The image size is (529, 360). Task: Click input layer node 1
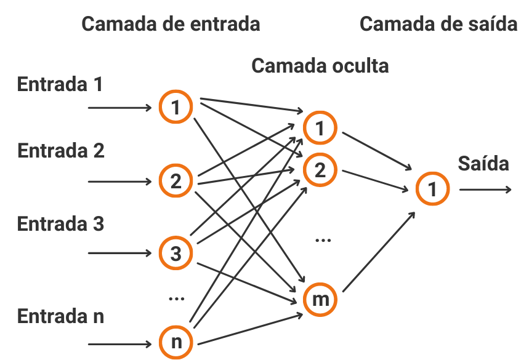click(x=176, y=108)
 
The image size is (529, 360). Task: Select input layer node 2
click(x=176, y=182)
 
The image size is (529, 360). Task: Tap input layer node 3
click(x=176, y=253)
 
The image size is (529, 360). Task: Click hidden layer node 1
click(x=320, y=128)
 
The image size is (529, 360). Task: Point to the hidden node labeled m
click(x=320, y=300)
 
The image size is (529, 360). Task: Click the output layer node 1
click(x=432, y=189)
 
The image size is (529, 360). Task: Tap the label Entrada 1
click(x=60, y=84)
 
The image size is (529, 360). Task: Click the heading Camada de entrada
click(x=171, y=24)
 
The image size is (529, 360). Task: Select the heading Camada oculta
click(x=320, y=65)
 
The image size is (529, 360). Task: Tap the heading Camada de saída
click(x=438, y=24)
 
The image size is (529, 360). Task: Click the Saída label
click(x=483, y=164)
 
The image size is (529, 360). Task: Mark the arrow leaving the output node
click(x=485, y=189)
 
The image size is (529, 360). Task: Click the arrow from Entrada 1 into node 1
click(x=120, y=108)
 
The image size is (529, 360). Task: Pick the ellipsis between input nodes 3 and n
click(x=176, y=299)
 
